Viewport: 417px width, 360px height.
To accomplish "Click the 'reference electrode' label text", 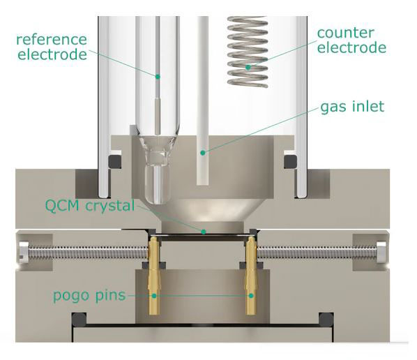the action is [52, 47].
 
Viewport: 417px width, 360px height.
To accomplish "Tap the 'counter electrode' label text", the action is [351, 40].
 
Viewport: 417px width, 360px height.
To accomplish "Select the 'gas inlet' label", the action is [352, 107].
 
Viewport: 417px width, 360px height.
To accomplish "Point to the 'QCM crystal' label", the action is [90, 205].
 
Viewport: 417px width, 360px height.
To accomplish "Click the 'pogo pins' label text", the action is [89, 296].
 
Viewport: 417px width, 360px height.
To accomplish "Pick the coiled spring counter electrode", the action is [248, 52].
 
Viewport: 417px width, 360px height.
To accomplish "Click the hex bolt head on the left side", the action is [24, 252].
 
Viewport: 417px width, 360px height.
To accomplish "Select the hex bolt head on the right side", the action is [381, 252].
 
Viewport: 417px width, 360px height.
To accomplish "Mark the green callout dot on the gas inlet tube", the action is [203, 153].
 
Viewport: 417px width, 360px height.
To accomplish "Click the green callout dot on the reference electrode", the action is [158, 77].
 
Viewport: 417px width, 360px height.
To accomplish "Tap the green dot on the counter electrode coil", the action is [248, 67].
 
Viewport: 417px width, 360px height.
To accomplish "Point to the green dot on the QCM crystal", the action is [204, 232].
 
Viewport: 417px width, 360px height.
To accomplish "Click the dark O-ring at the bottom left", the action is [79, 320].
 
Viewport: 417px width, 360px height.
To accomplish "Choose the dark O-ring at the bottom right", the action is [326, 320].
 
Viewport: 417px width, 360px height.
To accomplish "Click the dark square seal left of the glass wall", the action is [114, 161].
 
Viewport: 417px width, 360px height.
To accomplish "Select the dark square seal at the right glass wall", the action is [290, 161].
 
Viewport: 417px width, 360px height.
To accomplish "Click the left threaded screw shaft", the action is [88, 252].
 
